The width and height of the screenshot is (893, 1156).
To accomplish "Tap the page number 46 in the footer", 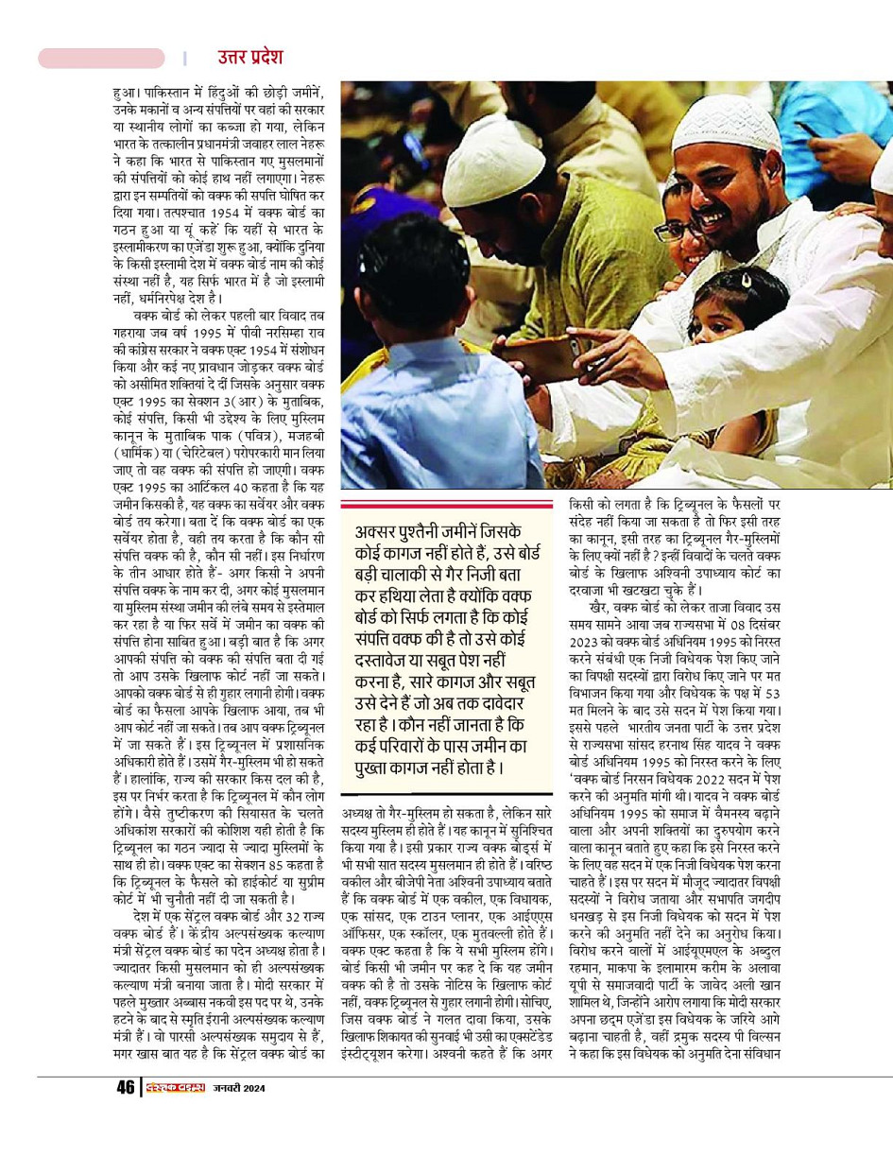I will pyautogui.click(x=125, y=1087).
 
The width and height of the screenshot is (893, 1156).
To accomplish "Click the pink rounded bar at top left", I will pyautogui.click(x=101, y=58).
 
